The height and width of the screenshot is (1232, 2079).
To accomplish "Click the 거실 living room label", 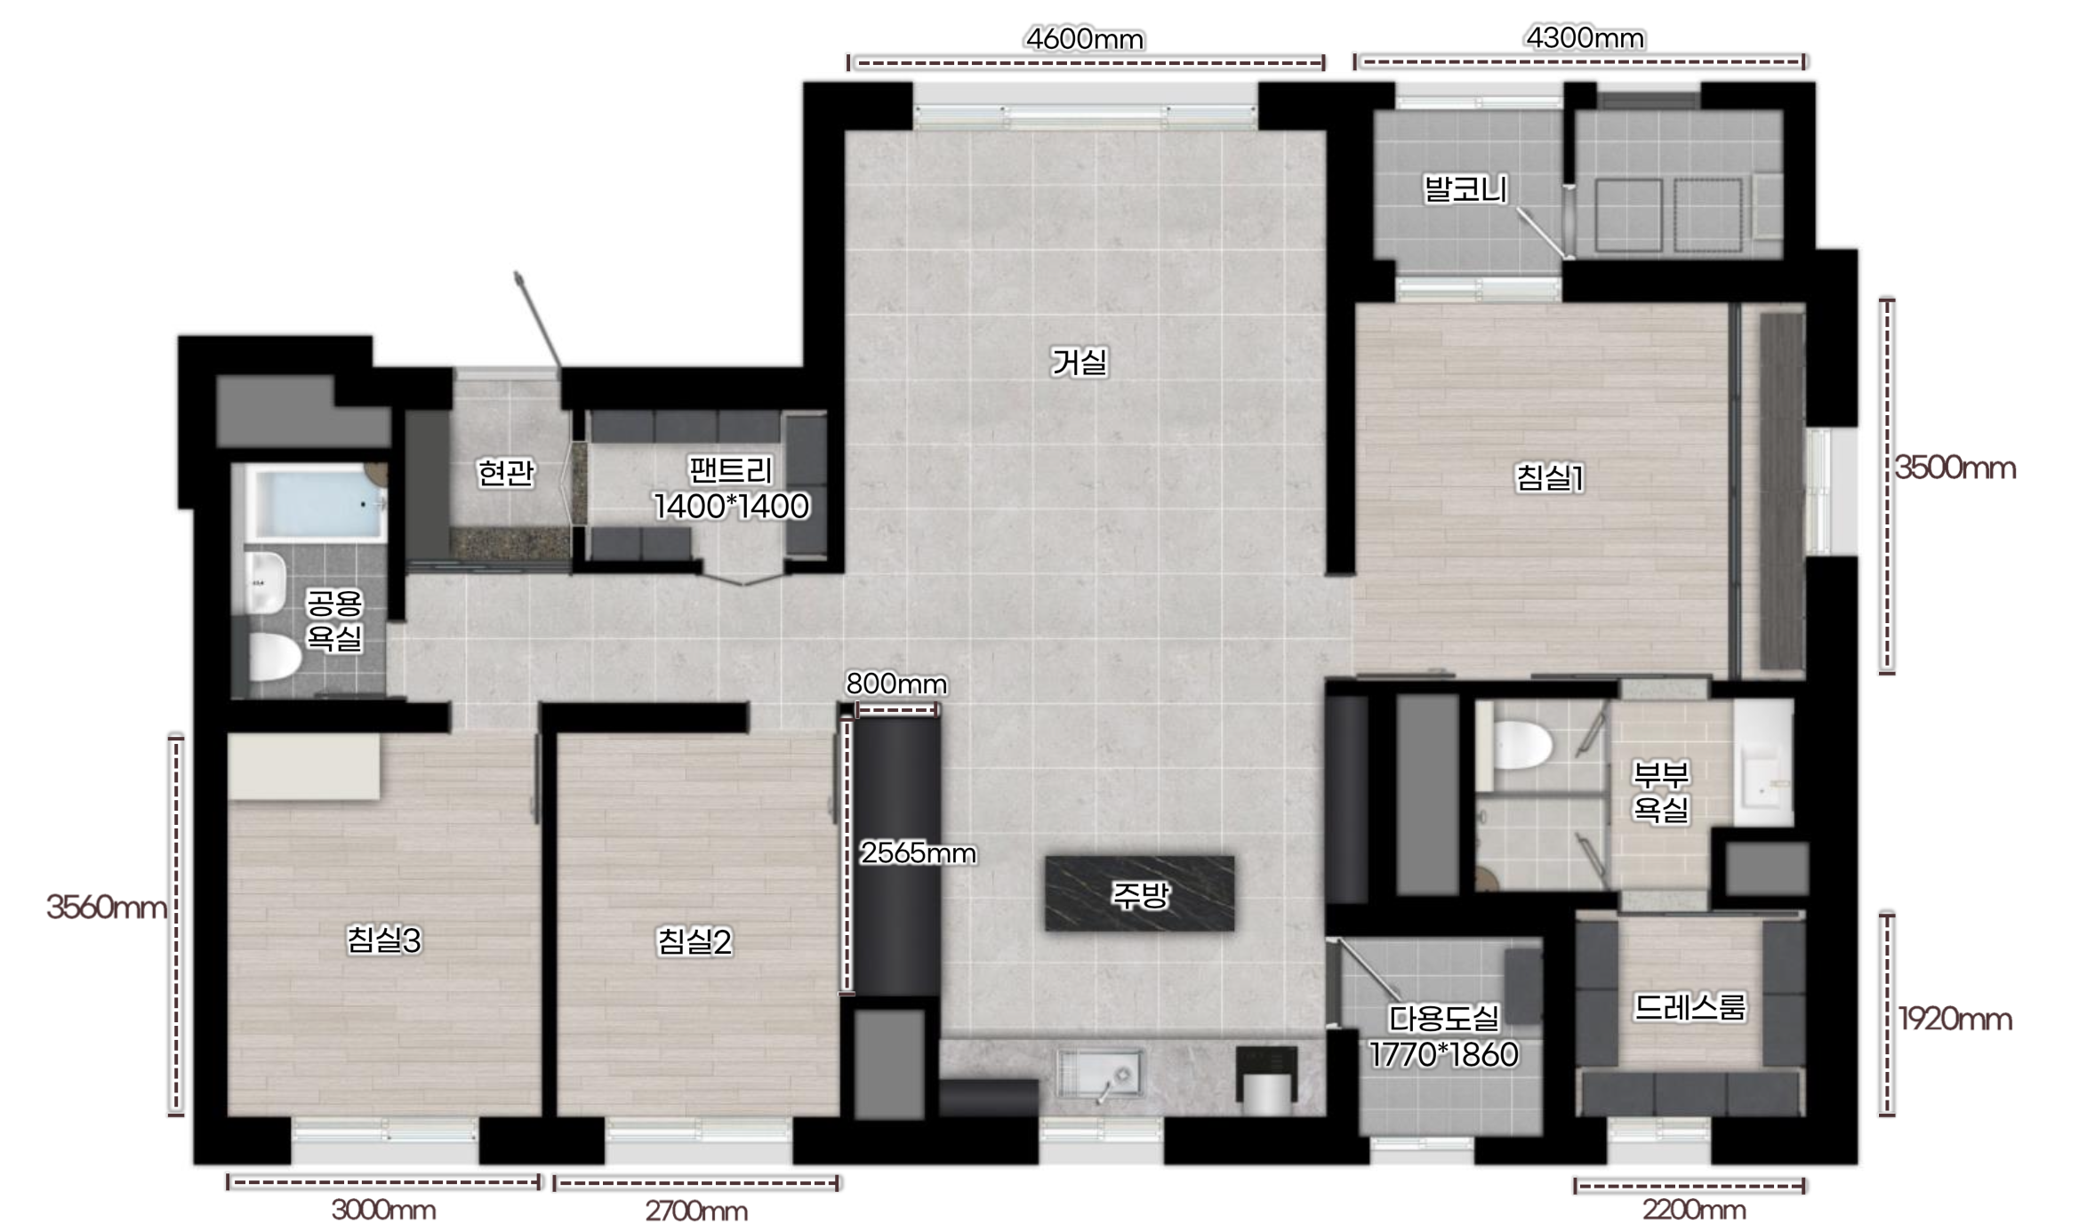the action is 1079,362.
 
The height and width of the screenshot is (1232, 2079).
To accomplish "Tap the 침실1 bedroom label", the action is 1549,478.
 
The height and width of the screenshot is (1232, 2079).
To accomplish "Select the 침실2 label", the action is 694,941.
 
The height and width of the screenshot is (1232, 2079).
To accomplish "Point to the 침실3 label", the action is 383,940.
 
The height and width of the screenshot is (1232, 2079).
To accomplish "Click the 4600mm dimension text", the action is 1085,39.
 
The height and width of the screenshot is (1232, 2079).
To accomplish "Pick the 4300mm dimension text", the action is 1585,37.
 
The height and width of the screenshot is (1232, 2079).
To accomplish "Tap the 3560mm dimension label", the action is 106,908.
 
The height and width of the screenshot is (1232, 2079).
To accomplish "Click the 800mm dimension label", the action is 896,684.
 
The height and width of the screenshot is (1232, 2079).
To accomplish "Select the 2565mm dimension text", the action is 918,853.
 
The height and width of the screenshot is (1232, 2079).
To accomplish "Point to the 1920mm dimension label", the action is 1955,1019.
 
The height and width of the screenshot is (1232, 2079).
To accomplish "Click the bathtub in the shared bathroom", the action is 316,503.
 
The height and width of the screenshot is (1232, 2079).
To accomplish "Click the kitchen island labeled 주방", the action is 1139,893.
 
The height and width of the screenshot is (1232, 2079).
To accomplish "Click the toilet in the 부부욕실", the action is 1521,745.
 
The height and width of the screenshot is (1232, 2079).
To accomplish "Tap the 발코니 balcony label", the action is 1465,188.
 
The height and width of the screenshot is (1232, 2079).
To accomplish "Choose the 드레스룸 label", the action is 1690,1007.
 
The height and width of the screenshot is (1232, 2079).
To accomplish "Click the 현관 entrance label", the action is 505,472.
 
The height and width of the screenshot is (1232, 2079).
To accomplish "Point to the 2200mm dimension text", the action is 1693,1210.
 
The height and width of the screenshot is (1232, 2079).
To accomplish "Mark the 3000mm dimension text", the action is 383,1210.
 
